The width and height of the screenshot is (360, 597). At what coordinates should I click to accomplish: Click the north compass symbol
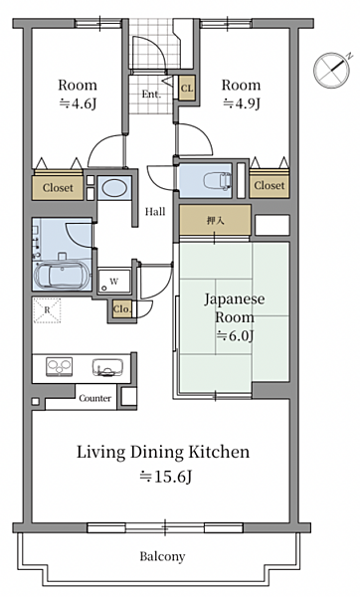(332, 70)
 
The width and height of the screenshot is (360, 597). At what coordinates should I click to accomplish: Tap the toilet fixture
(218, 180)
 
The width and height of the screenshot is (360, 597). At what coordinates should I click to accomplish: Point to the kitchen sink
(107, 367)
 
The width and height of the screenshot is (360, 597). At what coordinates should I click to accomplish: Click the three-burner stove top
(60, 367)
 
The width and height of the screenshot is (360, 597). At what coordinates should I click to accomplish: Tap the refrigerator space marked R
(47, 309)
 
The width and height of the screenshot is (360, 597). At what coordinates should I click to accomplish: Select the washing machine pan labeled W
(114, 282)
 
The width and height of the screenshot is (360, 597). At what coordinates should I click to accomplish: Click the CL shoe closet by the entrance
(187, 89)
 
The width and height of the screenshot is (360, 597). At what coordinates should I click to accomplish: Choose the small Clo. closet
(122, 309)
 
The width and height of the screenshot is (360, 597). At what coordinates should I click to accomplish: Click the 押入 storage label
(215, 221)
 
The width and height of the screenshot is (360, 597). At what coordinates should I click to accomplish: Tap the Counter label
(95, 398)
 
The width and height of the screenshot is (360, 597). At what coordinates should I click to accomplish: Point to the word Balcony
(162, 556)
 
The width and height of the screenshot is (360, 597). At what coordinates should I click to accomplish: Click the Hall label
(155, 211)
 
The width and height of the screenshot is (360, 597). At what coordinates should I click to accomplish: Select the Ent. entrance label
(151, 95)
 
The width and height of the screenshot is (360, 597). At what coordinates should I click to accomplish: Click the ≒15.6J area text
(165, 477)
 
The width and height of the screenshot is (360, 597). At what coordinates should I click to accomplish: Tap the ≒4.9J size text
(242, 103)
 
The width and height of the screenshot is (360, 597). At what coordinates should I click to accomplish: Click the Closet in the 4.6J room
(58, 187)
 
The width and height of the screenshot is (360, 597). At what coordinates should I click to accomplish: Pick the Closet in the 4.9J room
(270, 185)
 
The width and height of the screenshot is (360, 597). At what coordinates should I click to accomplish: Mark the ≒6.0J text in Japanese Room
(235, 335)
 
